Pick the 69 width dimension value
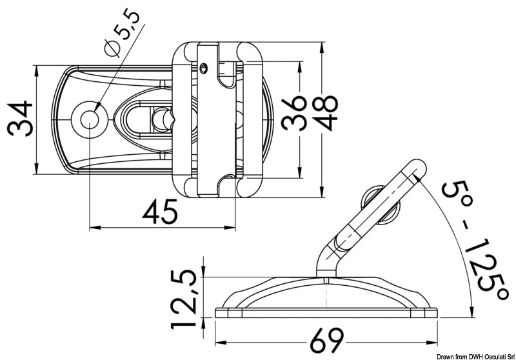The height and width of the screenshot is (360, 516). coord(325,339)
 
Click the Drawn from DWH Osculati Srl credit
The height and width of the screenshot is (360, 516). coord(475,355)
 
